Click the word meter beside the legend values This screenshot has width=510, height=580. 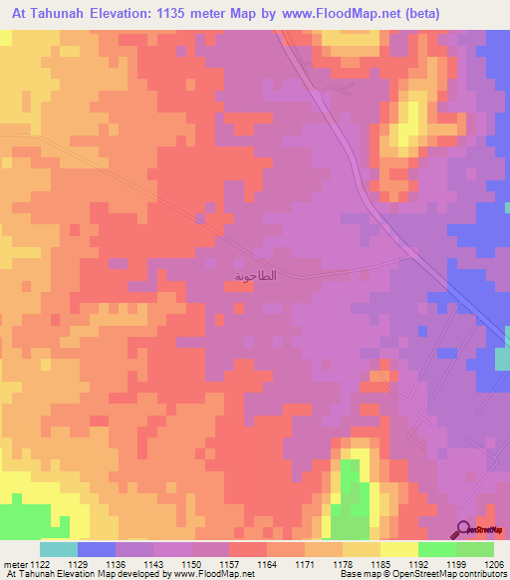coord(16,564)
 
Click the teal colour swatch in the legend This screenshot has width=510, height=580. coord(58,549)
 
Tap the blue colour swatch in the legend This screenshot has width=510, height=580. coord(96,549)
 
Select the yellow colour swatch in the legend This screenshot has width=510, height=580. coord(398,549)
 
